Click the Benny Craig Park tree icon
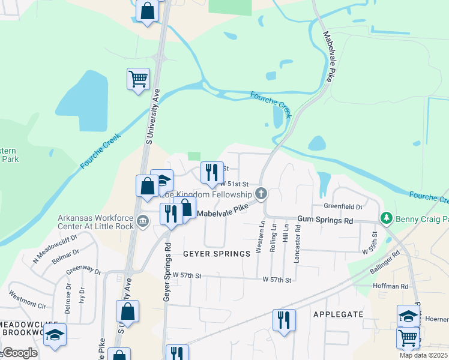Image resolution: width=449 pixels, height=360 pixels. pos(387,217)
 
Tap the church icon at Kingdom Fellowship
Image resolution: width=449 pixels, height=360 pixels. pos(261,194)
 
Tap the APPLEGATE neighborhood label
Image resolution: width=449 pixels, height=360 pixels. pos(339,314)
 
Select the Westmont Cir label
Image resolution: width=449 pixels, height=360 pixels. pos(27,299)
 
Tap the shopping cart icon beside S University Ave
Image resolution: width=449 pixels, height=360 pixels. pos(138,79)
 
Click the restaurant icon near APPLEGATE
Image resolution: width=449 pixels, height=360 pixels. pos(284,319)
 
